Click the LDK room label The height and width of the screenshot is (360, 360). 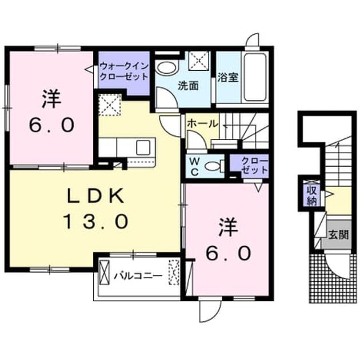[x=95, y=196]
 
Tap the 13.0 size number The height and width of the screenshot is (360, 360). [x=95, y=221]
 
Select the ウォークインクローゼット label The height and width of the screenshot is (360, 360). [x=124, y=71]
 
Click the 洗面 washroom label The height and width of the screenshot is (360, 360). [x=188, y=86]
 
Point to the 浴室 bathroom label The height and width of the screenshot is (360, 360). [x=228, y=77]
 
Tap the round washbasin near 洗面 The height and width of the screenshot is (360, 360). [x=167, y=67]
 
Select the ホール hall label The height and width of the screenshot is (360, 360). [x=202, y=124]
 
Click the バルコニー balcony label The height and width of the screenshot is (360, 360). [x=138, y=275]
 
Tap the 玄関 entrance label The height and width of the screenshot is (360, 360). [x=338, y=235]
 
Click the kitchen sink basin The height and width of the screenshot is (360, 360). [x=143, y=147]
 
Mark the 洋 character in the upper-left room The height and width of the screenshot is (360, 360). [x=51, y=99]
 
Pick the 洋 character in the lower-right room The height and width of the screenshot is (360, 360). [x=228, y=227]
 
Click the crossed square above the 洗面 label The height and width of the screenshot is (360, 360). [x=199, y=61]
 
